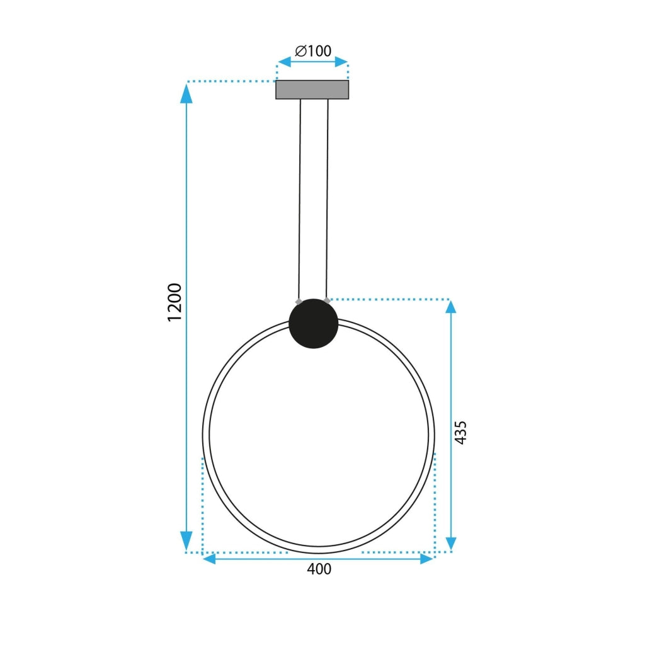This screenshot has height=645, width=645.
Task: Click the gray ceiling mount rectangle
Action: click(312, 89)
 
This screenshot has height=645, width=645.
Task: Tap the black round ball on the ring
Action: click(313, 323)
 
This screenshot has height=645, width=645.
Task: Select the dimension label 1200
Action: click(174, 302)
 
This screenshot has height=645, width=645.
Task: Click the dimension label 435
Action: click(460, 433)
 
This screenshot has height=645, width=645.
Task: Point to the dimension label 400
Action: click(319, 569)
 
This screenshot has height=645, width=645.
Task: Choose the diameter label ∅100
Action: click(313, 51)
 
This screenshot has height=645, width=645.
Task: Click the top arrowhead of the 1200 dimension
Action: click(186, 93)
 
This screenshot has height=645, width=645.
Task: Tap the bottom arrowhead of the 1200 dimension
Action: click(186, 540)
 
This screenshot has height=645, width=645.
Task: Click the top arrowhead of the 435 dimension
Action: click(450, 307)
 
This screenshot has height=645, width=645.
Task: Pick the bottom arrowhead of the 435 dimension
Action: click(450, 543)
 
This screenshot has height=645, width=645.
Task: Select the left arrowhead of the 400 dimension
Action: click(209, 559)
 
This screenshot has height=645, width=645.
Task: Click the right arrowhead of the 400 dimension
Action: click(426, 559)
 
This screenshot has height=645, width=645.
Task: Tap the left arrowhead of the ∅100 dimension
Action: click(284, 62)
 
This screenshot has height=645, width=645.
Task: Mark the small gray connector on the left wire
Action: click(299, 301)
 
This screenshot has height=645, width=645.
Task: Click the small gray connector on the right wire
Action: click(326, 300)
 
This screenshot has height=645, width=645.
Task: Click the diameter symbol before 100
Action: click(300, 51)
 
